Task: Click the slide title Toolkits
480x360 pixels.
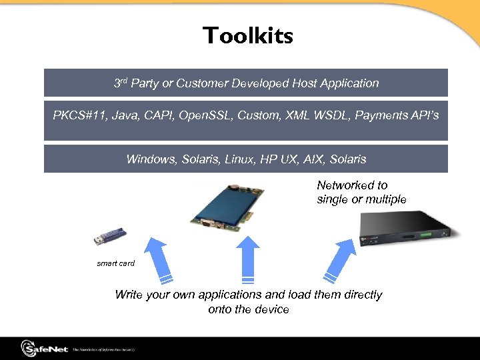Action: (x=248, y=35)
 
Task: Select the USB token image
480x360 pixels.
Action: (x=111, y=237)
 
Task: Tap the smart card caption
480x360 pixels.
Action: (x=116, y=263)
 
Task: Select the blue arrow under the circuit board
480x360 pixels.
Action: (x=249, y=260)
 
